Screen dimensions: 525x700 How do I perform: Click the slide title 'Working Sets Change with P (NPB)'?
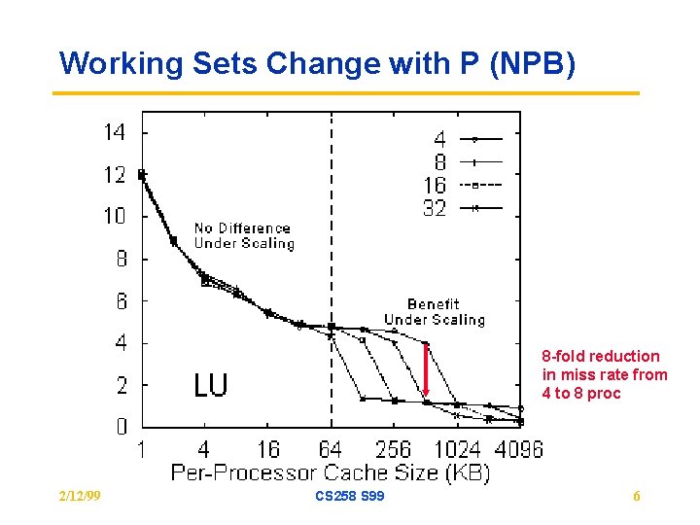click(x=318, y=64)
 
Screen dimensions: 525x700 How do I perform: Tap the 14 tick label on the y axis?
click(x=115, y=132)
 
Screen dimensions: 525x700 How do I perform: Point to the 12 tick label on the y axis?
click(x=115, y=175)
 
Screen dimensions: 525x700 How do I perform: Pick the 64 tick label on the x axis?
click(x=331, y=449)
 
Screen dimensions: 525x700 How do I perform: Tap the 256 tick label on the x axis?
click(x=393, y=449)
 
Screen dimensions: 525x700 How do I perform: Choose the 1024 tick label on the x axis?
click(x=456, y=449)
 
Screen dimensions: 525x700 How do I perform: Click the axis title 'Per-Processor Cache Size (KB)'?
click(x=331, y=473)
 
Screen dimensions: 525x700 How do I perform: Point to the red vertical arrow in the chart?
click(x=426, y=368)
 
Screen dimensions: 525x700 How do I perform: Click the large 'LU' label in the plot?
click(x=210, y=385)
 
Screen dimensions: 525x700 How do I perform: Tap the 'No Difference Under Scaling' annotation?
click(x=243, y=235)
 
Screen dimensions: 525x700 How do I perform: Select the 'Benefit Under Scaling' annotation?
click(x=434, y=312)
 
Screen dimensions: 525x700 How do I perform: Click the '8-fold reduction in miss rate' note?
click(x=604, y=374)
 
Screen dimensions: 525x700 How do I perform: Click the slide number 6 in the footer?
click(x=637, y=497)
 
